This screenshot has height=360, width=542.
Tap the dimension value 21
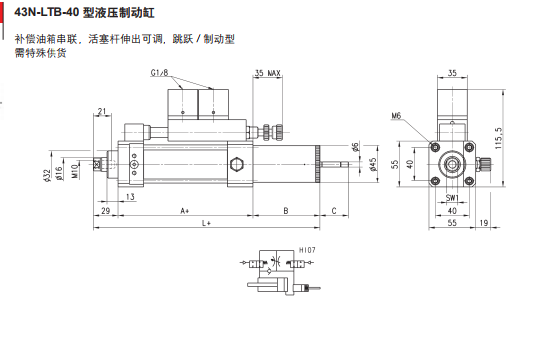tap(104, 110)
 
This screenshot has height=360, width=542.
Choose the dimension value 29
tap(105, 211)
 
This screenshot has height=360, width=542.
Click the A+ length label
tap(184, 211)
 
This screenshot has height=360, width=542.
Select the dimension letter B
tap(286, 211)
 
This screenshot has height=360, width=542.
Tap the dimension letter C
tap(333, 211)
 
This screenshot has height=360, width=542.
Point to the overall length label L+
tap(207, 226)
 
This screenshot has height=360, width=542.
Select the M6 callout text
tap(396, 116)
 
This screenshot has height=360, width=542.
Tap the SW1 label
tap(451, 197)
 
